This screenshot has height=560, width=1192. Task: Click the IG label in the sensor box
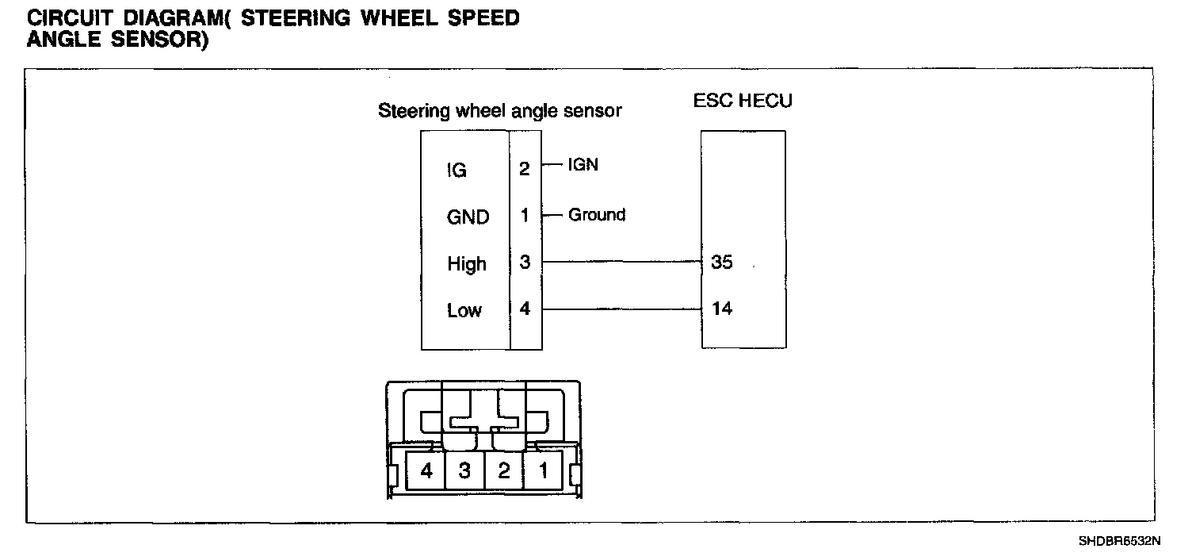tap(457, 170)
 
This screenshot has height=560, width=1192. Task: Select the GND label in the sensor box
tap(468, 217)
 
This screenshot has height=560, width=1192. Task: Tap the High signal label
tap(467, 263)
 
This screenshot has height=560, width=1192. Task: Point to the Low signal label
tap(464, 310)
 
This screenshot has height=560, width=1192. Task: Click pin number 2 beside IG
tap(525, 169)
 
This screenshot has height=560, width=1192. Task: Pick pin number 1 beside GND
tap(525, 215)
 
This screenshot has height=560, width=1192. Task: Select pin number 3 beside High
tap(525, 263)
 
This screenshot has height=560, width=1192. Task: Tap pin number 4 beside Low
tap(525, 309)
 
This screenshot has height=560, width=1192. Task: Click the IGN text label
tap(583, 165)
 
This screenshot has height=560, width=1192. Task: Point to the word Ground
tap(597, 214)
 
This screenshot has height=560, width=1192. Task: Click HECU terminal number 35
tap(722, 263)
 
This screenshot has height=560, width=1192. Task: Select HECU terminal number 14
tap(722, 309)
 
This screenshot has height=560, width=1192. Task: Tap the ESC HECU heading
tap(743, 101)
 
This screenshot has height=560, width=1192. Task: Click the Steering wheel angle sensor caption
tap(500, 111)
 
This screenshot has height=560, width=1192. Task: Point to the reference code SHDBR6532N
tap(1119, 542)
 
